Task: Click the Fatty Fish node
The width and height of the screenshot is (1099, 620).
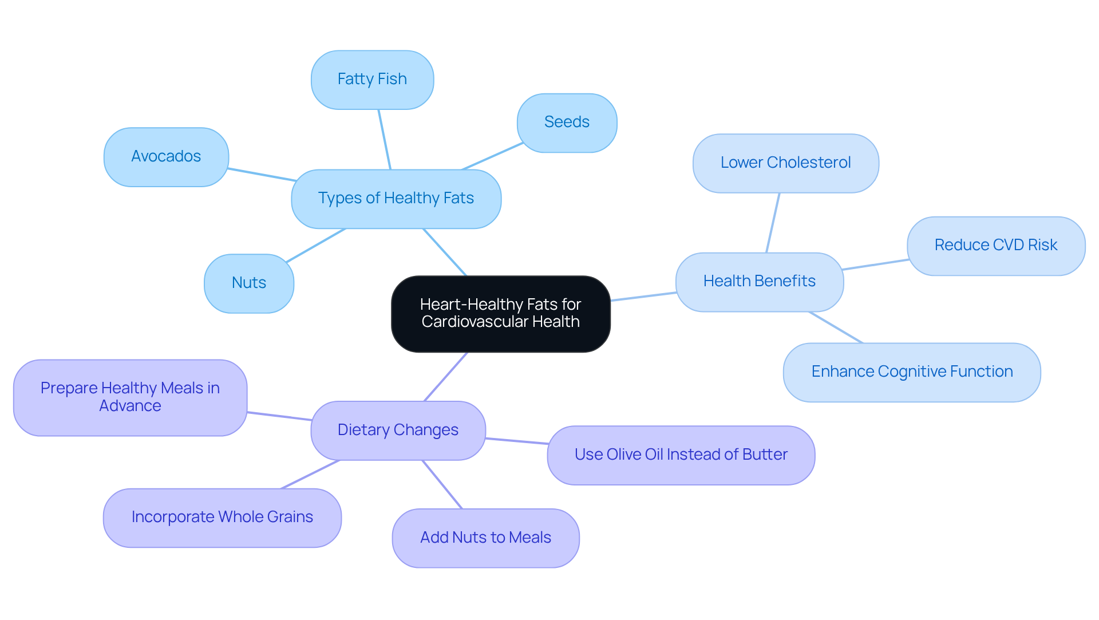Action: pyautogui.click(x=372, y=80)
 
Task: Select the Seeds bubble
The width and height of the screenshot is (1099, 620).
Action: pyautogui.click(x=567, y=123)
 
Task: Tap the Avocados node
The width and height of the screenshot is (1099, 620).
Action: pyautogui.click(x=166, y=157)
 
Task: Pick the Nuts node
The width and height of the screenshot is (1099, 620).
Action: pyautogui.click(x=249, y=283)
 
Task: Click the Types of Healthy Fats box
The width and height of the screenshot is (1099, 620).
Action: pyautogui.click(x=396, y=199)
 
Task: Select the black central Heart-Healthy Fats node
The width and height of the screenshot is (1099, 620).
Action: pyautogui.click(x=500, y=314)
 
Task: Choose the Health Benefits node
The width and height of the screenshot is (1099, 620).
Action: pyautogui.click(x=759, y=282)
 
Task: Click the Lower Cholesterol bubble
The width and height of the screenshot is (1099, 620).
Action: pyautogui.click(x=785, y=163)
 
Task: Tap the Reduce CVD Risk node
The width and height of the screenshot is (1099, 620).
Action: pyautogui.click(x=995, y=246)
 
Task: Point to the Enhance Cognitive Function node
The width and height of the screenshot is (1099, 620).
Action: pyautogui.click(x=912, y=372)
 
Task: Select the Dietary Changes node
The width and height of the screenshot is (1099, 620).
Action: pyautogui.click(x=398, y=431)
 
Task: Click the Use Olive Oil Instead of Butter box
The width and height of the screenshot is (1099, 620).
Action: pyautogui.click(x=681, y=455)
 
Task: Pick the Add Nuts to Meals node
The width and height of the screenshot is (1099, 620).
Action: pyautogui.click(x=485, y=538)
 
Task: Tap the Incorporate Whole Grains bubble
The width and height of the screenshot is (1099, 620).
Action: pyautogui.click(x=222, y=518)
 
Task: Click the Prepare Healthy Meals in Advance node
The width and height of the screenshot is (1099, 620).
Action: pyautogui.click(x=130, y=397)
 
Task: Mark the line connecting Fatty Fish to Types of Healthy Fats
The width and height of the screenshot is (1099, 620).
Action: pyautogui.click(x=384, y=139)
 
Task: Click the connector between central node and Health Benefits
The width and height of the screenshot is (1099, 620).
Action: pyautogui.click(x=643, y=297)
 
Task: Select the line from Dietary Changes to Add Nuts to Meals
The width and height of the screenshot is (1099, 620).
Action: pyautogui.click(x=442, y=484)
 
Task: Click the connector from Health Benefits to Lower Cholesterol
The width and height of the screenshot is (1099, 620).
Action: pyautogui.click(x=773, y=223)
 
